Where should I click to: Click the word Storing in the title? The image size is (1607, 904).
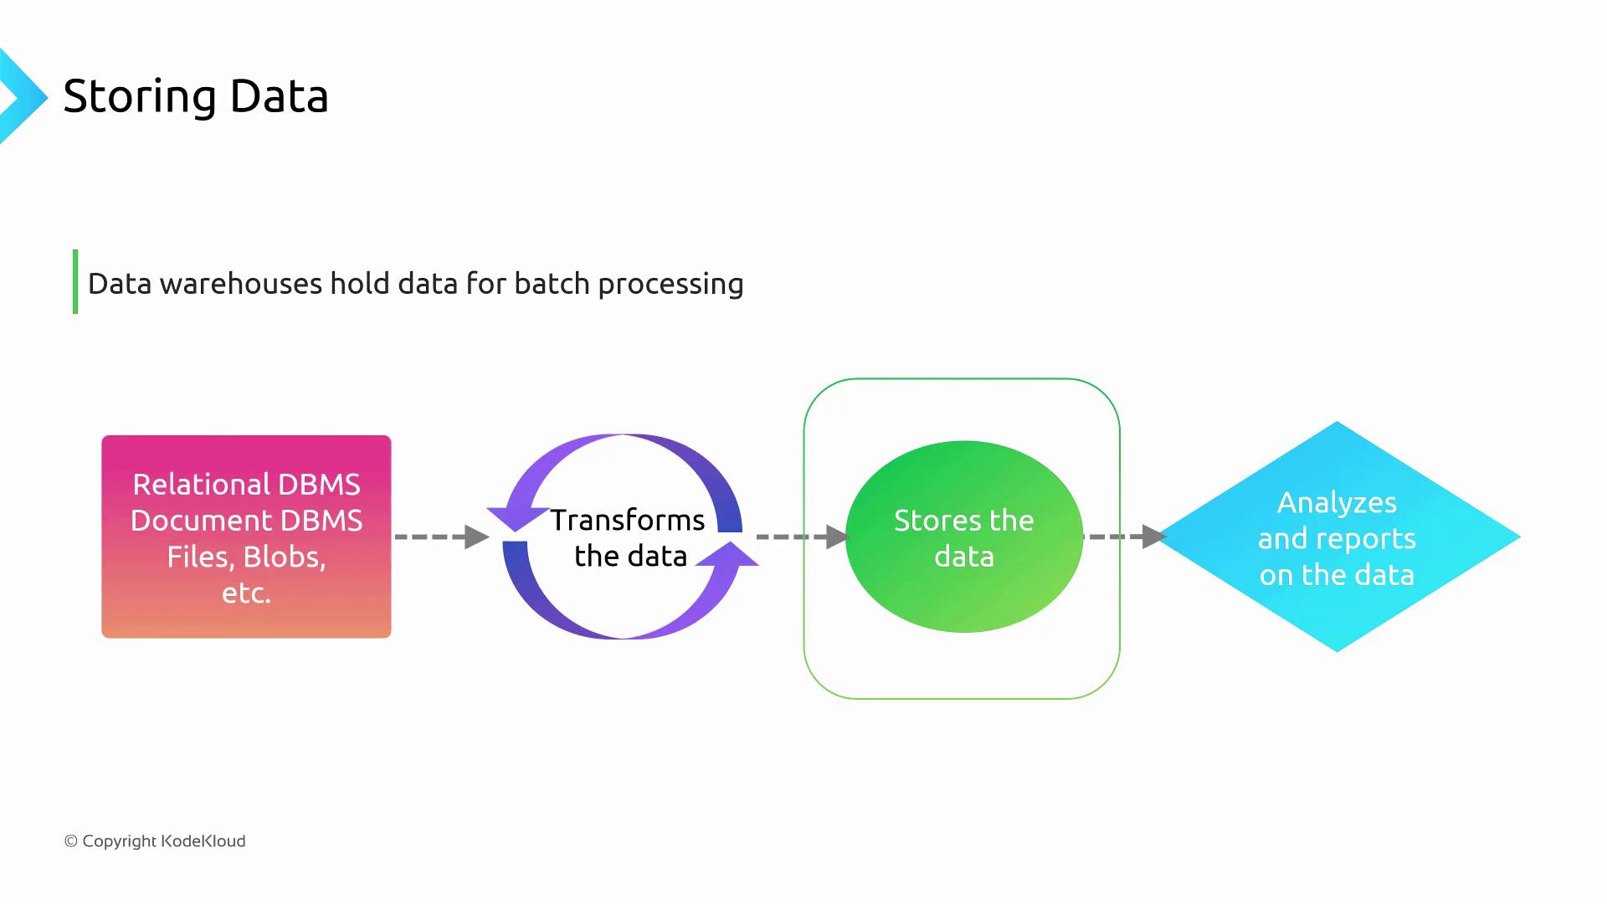coord(140,97)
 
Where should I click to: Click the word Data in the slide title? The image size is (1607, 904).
coord(279,96)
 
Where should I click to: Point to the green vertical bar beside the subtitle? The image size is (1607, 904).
coord(75,282)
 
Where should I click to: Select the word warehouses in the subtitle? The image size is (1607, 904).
coord(241,284)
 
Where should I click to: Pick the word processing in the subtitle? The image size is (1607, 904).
coord(670,285)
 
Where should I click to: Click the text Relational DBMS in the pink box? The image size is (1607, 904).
coord(246,485)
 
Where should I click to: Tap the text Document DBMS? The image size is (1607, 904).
coord(246,521)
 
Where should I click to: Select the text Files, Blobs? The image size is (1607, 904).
coord(246,557)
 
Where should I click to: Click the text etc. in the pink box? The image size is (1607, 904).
coord(246,593)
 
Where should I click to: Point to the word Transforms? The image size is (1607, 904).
coord(627,520)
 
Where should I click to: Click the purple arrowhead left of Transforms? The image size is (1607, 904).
coord(513,516)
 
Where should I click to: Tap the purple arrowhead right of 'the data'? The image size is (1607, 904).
coord(730,555)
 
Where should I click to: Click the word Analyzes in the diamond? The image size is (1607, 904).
coord(1337,502)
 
